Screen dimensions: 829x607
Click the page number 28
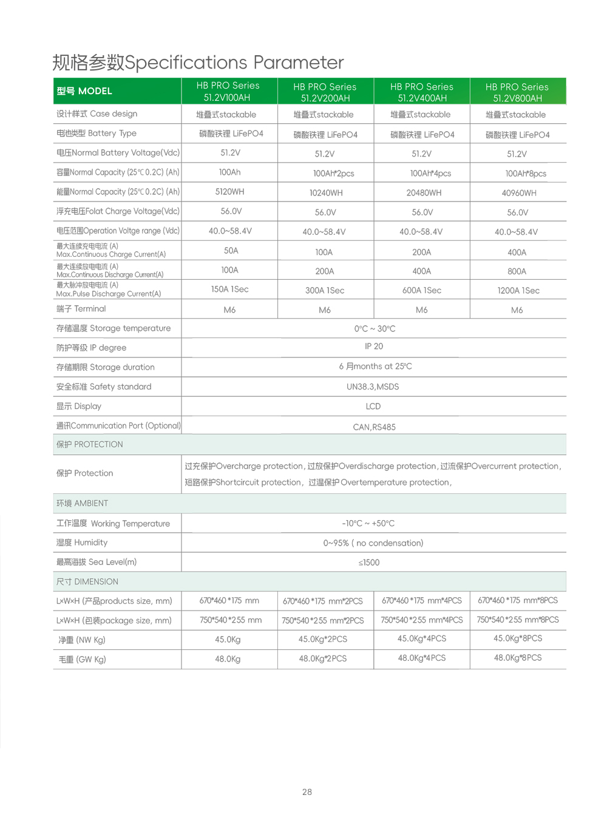point(307,792)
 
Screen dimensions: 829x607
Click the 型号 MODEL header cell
point(84,91)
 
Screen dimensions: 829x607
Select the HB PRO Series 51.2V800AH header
point(517,92)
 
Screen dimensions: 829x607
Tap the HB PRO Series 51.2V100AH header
point(228,92)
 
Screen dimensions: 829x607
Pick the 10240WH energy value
point(326,193)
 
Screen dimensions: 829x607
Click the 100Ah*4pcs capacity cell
point(430,174)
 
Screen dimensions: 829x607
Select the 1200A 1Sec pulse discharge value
point(518,291)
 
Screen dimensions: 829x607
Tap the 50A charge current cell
point(231,251)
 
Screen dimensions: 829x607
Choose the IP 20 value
point(373,347)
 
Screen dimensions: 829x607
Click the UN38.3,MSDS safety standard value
point(373,387)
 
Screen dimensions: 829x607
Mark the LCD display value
point(373,407)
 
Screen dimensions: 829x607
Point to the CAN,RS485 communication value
point(374,427)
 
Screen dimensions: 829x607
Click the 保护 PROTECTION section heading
point(90,444)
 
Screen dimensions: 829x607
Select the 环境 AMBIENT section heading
point(83,503)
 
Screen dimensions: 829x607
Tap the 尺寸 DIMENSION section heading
point(87,581)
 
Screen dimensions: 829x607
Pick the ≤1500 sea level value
point(369,563)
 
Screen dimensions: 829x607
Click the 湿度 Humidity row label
point(82,543)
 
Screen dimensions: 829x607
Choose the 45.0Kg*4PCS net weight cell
point(421,638)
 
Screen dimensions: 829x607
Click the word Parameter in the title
point(298,63)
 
